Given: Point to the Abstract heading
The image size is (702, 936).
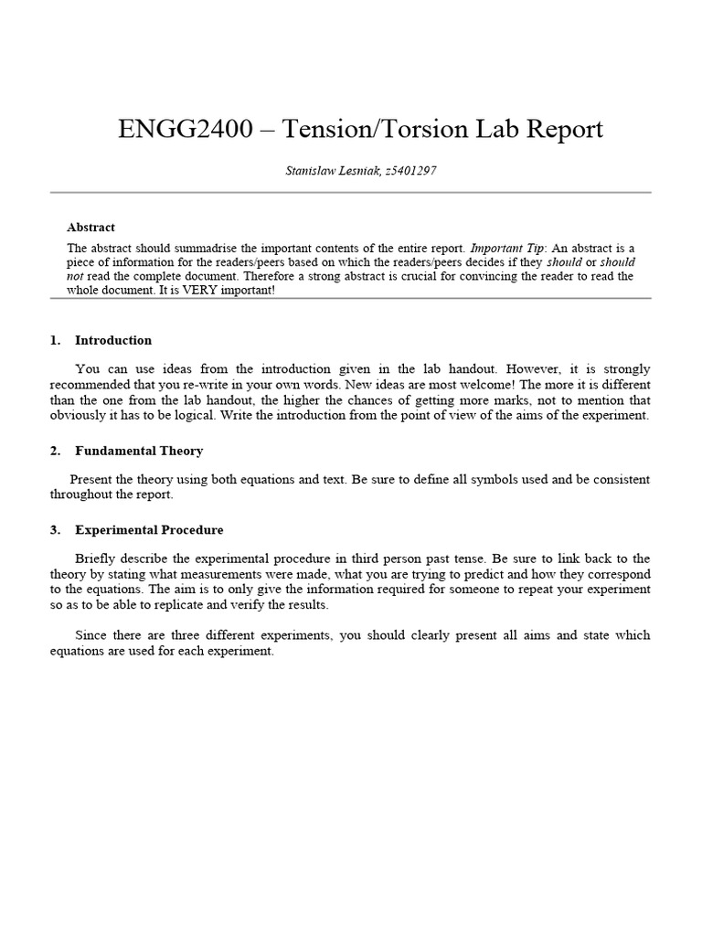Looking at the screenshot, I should click(90, 227).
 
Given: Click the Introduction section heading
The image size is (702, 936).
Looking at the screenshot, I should click(113, 340).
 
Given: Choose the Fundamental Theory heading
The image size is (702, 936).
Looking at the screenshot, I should click(139, 451).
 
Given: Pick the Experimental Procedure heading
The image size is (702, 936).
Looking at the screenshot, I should click(149, 529).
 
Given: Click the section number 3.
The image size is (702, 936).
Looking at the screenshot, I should click(55, 529).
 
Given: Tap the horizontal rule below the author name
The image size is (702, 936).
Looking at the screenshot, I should click(350, 193).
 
